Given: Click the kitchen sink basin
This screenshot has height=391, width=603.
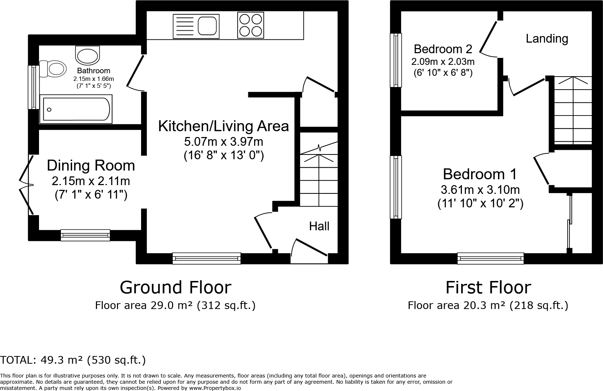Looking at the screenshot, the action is point(207,26).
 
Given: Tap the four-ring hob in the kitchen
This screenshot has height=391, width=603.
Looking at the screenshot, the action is point(250,25).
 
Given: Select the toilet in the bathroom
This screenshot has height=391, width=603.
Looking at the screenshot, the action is point(53,69).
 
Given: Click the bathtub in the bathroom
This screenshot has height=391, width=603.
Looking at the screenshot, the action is point(76,109).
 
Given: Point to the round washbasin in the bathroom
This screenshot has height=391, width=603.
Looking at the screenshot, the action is point(87,55).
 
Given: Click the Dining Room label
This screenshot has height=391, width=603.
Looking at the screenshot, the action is point(91,165).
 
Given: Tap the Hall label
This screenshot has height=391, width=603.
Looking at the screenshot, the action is point(319,226).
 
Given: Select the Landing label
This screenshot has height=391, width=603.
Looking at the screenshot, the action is point(547,39).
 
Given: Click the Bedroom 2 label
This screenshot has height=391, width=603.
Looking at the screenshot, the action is point(443,49).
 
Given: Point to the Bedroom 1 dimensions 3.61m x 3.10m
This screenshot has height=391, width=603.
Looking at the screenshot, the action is point(480,190).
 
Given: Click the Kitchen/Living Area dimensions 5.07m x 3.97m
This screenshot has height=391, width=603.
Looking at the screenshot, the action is point(223,141).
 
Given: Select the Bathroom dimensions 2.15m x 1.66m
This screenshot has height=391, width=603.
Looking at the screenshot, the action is point(94,79).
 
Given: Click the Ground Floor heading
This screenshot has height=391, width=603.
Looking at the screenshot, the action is point(175,288).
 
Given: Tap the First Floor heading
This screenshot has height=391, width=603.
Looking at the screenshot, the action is point(488,288).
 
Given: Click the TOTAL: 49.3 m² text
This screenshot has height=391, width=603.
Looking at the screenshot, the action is point(41,360).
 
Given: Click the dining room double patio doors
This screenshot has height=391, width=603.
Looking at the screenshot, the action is point(26,185).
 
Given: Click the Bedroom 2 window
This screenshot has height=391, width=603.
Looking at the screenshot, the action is point(396,60).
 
